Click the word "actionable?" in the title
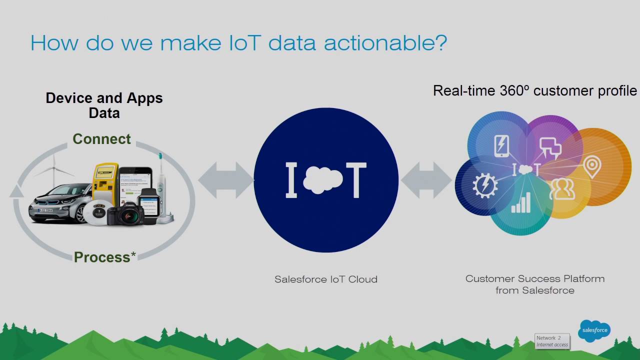(385, 43)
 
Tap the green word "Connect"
(101, 139)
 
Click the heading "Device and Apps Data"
(104, 105)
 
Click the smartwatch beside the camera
(148, 202)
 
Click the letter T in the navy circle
(356, 179)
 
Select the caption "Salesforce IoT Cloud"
(326, 279)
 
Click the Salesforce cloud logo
(594, 330)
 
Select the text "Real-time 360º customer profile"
(535, 91)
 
